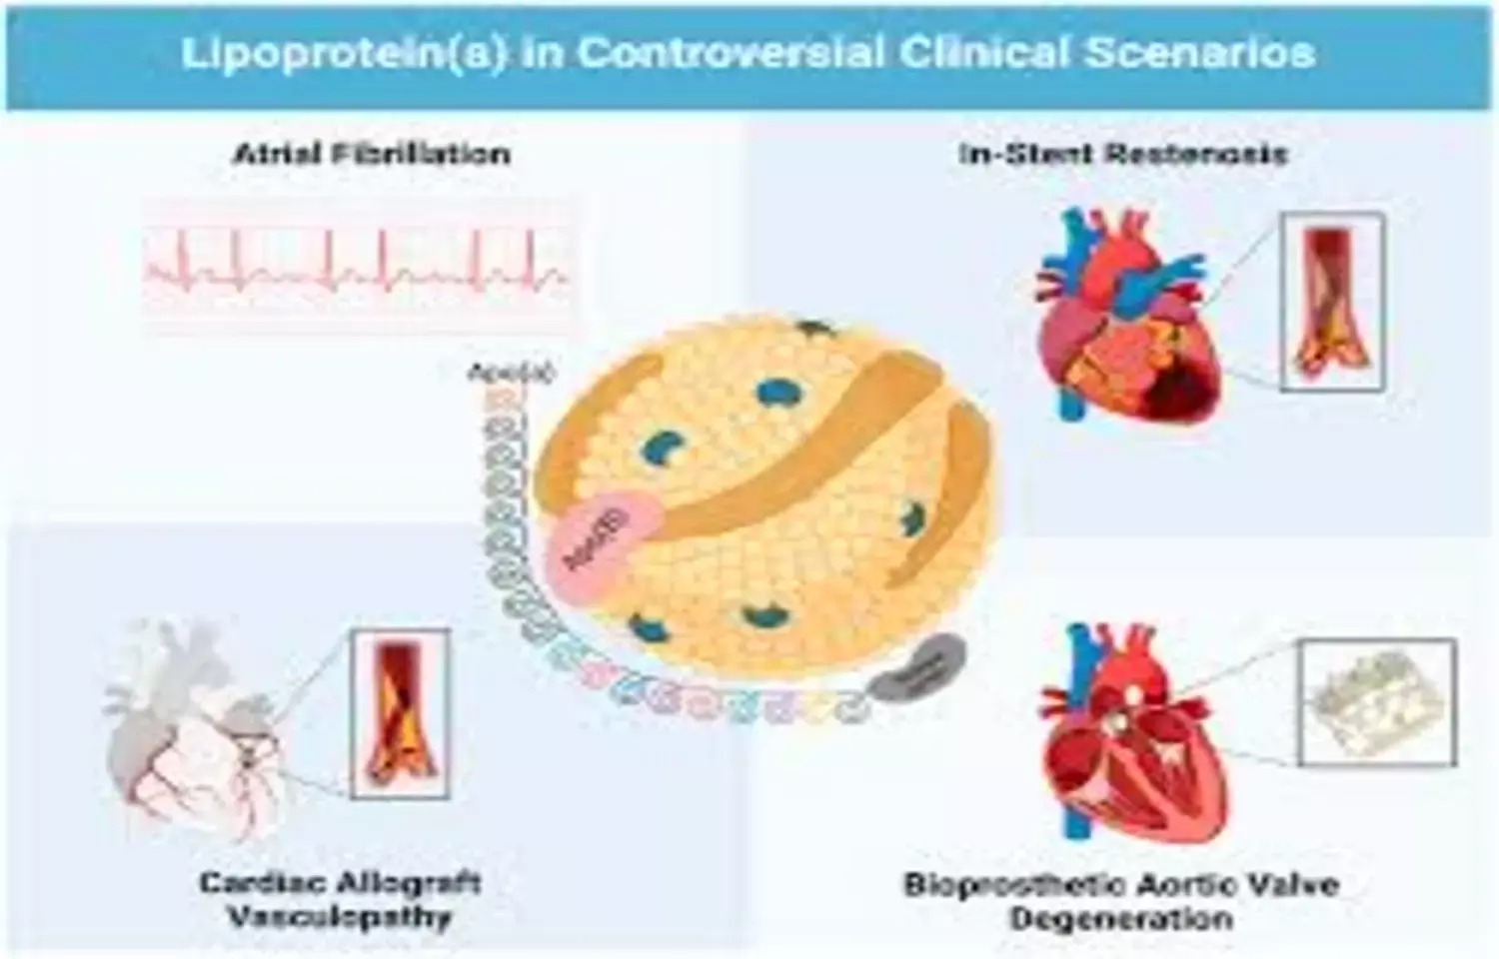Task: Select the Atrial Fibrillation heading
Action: pyautogui.click(x=372, y=154)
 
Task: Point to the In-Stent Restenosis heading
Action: pyautogui.click(x=1122, y=154)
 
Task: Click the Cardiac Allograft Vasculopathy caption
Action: pyautogui.click(x=340, y=899)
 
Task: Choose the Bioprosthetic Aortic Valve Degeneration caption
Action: pyautogui.click(x=1121, y=900)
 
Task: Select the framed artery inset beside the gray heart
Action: pyautogui.click(x=400, y=713)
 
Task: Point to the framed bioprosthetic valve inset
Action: pyautogui.click(x=1376, y=703)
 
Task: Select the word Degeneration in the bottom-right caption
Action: pyautogui.click(x=1121, y=918)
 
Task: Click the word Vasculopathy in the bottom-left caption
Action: pyautogui.click(x=340, y=917)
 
